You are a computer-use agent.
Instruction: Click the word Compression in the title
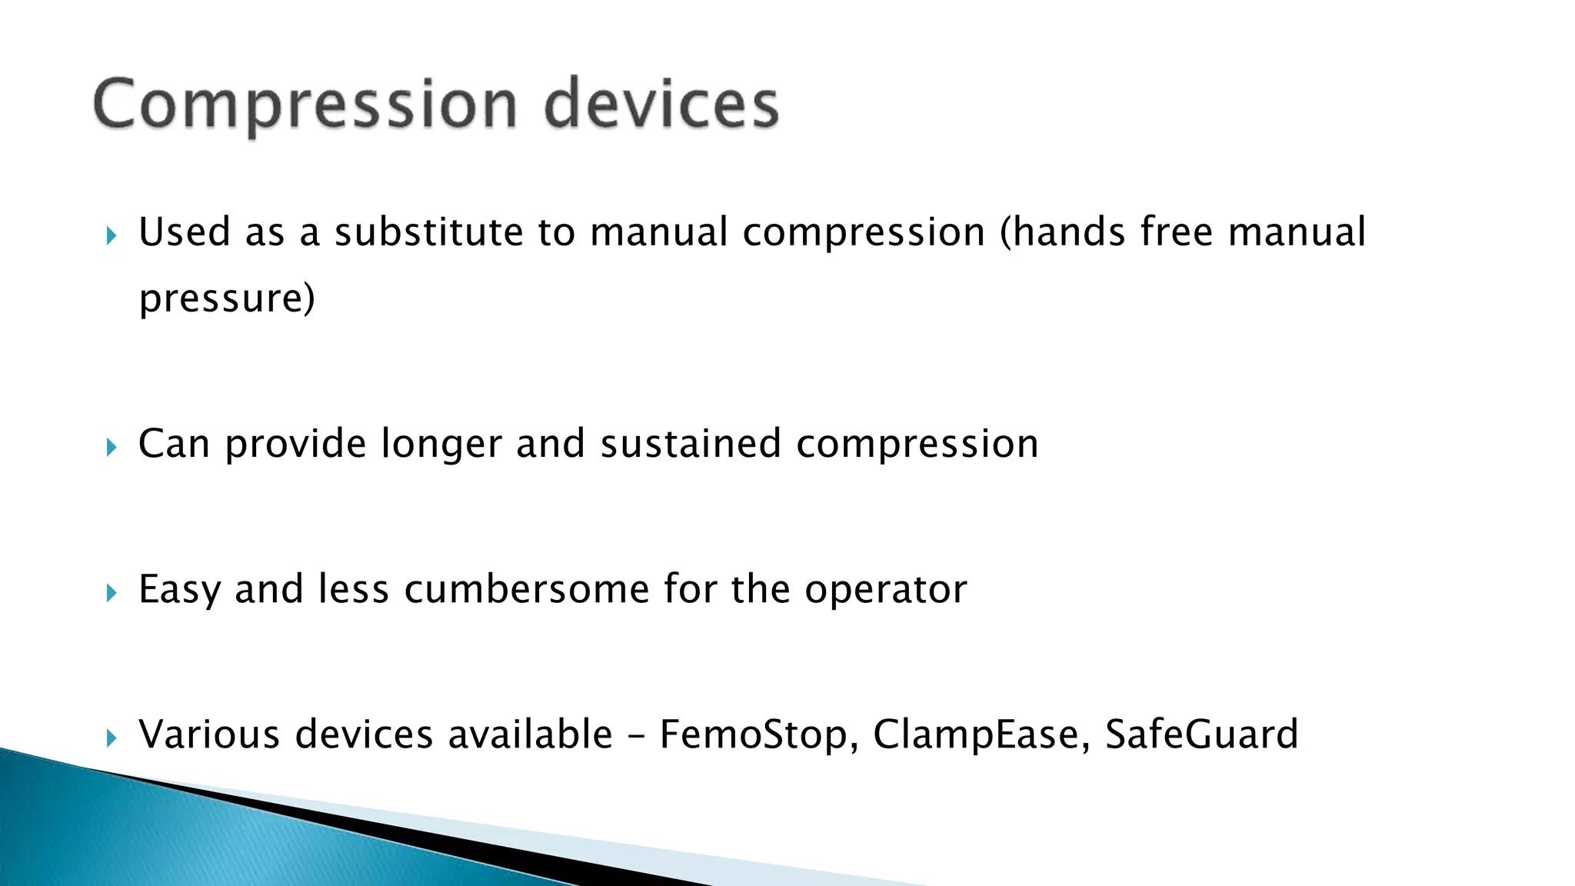pos(305,106)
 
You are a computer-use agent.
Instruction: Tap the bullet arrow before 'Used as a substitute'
pos(112,235)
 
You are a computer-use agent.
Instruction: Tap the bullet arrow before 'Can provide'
pos(112,447)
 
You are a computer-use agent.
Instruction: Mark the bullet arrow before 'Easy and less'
pos(112,592)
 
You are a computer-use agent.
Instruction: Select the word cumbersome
pos(527,590)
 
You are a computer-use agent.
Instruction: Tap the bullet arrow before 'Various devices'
pos(112,738)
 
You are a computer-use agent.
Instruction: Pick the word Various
pos(209,734)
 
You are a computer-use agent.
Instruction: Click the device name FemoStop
pos(758,735)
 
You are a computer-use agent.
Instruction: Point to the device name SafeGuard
pos(1201,734)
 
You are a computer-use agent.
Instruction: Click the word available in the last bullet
pos(530,734)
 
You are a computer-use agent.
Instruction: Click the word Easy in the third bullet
pos(179,591)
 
